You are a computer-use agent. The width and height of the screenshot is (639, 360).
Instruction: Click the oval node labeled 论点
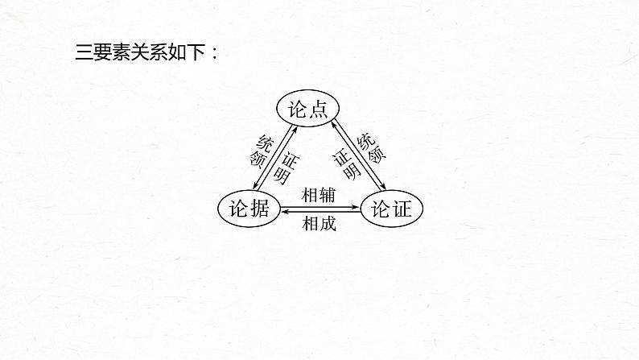306,108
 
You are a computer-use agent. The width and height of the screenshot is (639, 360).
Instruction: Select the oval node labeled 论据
249,209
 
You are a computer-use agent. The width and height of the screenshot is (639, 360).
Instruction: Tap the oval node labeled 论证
391,209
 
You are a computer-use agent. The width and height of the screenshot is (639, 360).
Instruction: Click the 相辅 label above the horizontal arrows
319,195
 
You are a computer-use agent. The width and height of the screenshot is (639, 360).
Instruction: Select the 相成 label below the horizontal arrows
319,224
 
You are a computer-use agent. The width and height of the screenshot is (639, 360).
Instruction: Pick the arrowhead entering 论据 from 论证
283,213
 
